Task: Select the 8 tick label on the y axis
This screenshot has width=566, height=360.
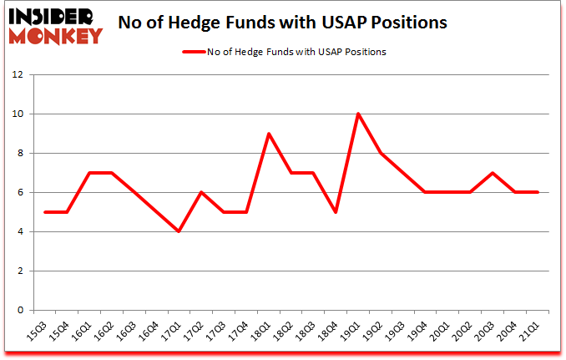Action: (18, 153)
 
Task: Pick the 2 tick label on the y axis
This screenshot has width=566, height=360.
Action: (18, 271)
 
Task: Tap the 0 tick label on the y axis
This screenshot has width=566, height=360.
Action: (18, 311)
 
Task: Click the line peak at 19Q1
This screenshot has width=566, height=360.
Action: (358, 114)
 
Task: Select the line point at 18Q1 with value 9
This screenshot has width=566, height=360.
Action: (269, 134)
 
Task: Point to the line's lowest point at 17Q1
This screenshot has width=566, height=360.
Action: (179, 231)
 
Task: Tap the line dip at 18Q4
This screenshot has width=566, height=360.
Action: (336, 212)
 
